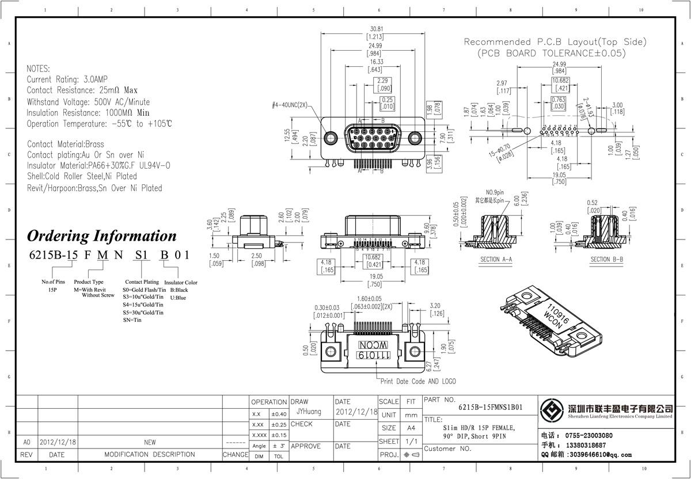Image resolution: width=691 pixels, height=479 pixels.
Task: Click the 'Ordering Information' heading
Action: tap(102, 236)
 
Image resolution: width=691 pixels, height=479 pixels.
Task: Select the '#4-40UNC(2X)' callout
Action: tap(290, 105)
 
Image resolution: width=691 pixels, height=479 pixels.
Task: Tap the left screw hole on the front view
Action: tap(331, 138)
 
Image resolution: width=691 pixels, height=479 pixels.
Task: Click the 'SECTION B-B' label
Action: tap(606, 260)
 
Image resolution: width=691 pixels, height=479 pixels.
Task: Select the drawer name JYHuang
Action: tap(309, 412)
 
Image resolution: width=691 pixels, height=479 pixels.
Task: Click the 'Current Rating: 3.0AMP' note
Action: tap(67, 79)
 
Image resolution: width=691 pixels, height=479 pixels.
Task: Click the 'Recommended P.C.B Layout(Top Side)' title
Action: tap(555, 42)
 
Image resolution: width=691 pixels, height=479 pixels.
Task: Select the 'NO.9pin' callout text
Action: tap(495, 192)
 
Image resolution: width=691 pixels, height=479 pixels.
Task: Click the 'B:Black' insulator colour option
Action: tap(179, 290)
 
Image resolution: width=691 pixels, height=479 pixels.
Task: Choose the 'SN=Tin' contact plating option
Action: tap(132, 320)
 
